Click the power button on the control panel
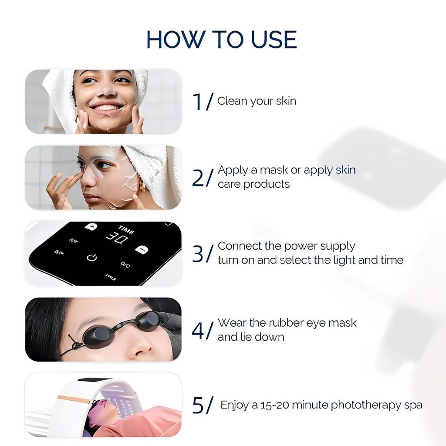click(x=91, y=257)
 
